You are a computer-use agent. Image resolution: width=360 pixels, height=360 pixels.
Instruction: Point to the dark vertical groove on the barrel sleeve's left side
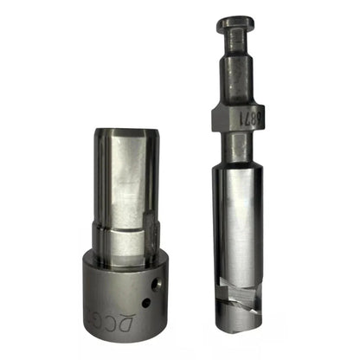[x=105, y=182]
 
